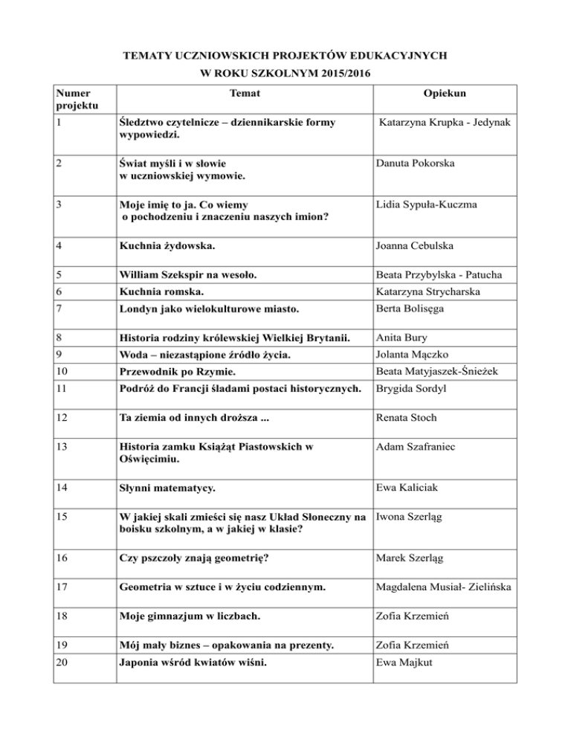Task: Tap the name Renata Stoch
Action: click(412, 418)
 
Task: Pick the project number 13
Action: click(64, 447)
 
